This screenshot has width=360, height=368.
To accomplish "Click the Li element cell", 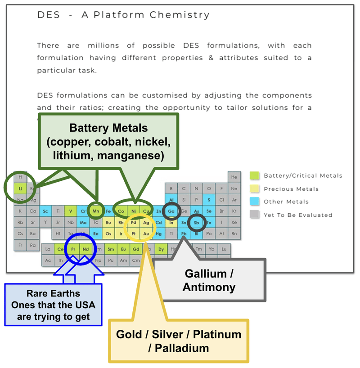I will coord(20,188).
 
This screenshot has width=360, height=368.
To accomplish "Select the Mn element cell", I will coord(95,211).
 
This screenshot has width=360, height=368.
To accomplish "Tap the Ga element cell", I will coord(171,211).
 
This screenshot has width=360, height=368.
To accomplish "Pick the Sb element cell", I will coord(197,222).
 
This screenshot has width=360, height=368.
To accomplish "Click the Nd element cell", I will coord(85,249).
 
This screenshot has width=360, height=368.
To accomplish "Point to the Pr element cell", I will coord(73,249).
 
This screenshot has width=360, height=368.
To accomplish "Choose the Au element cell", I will coord(146,233).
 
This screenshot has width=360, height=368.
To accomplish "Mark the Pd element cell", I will coord(134,222).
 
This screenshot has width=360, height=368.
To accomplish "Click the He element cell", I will coord(234,177).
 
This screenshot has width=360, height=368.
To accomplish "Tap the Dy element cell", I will coord(161,249).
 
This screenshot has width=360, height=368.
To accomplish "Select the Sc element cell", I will coord(45,211).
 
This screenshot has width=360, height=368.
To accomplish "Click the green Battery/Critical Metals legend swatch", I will coord(254,175).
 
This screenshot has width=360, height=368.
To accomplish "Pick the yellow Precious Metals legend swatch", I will coord(254,189).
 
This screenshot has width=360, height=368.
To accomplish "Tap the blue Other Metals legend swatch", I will coord(254,202).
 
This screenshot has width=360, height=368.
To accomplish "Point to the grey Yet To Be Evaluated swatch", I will coord(254,215).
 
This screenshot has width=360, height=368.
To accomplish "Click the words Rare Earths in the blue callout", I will coord(54,294).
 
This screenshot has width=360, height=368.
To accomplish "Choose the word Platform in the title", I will coord(119,15).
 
